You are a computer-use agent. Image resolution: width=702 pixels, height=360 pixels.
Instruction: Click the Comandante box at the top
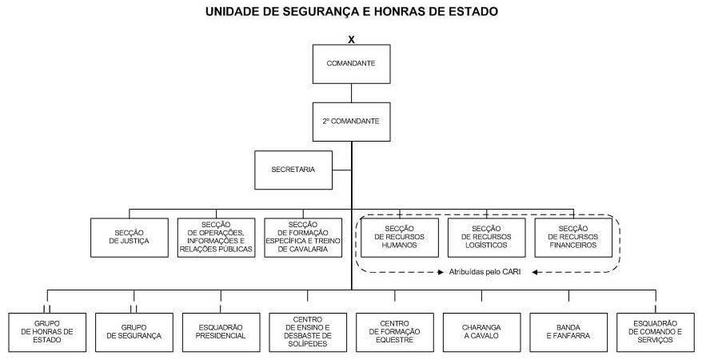351,63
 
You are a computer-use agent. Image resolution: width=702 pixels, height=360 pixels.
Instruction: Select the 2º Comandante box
351,122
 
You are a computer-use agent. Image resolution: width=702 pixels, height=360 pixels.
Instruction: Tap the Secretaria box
293,170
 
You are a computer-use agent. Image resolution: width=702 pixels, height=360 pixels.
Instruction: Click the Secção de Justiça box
130,238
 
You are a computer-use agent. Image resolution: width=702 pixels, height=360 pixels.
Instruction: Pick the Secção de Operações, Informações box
216,238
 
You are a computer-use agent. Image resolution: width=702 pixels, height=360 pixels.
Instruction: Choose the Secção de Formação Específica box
303,238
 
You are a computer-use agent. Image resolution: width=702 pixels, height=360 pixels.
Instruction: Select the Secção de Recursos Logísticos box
486,238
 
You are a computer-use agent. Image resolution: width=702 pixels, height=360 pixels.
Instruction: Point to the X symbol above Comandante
351,39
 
